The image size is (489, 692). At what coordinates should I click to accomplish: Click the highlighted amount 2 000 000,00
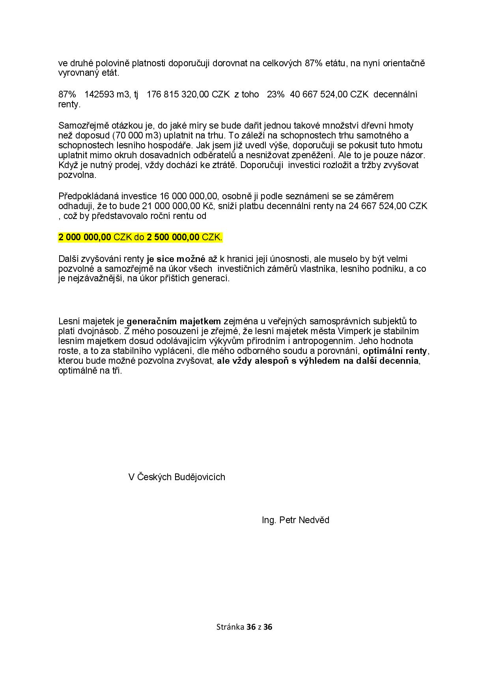point(85,237)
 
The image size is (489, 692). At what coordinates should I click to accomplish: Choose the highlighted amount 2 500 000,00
point(173,237)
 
